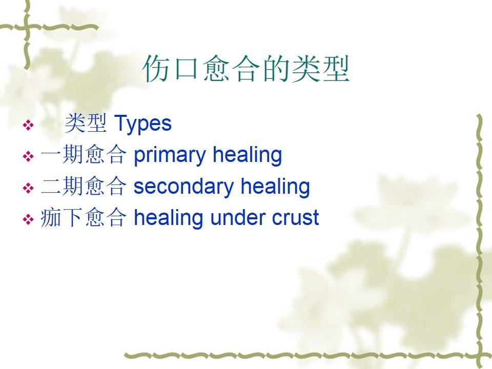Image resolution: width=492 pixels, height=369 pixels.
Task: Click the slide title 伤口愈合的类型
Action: (246, 69)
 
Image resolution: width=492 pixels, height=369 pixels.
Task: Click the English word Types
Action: (143, 124)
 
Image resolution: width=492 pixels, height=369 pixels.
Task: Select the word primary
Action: (170, 155)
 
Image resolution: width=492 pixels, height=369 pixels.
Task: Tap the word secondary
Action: (184, 186)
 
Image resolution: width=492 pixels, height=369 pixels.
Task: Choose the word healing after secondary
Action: (275, 186)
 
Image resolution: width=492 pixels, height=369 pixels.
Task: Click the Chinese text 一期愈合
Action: (84, 154)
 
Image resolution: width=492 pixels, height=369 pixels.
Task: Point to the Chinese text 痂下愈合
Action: (84, 217)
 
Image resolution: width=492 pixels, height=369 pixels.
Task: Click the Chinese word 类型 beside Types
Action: (86, 123)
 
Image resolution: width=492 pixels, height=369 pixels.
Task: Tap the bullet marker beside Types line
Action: (28, 125)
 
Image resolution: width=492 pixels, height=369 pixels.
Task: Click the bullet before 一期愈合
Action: (28, 156)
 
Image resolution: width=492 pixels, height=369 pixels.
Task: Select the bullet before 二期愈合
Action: (28, 188)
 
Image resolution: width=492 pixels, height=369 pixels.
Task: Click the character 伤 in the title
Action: (156, 69)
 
